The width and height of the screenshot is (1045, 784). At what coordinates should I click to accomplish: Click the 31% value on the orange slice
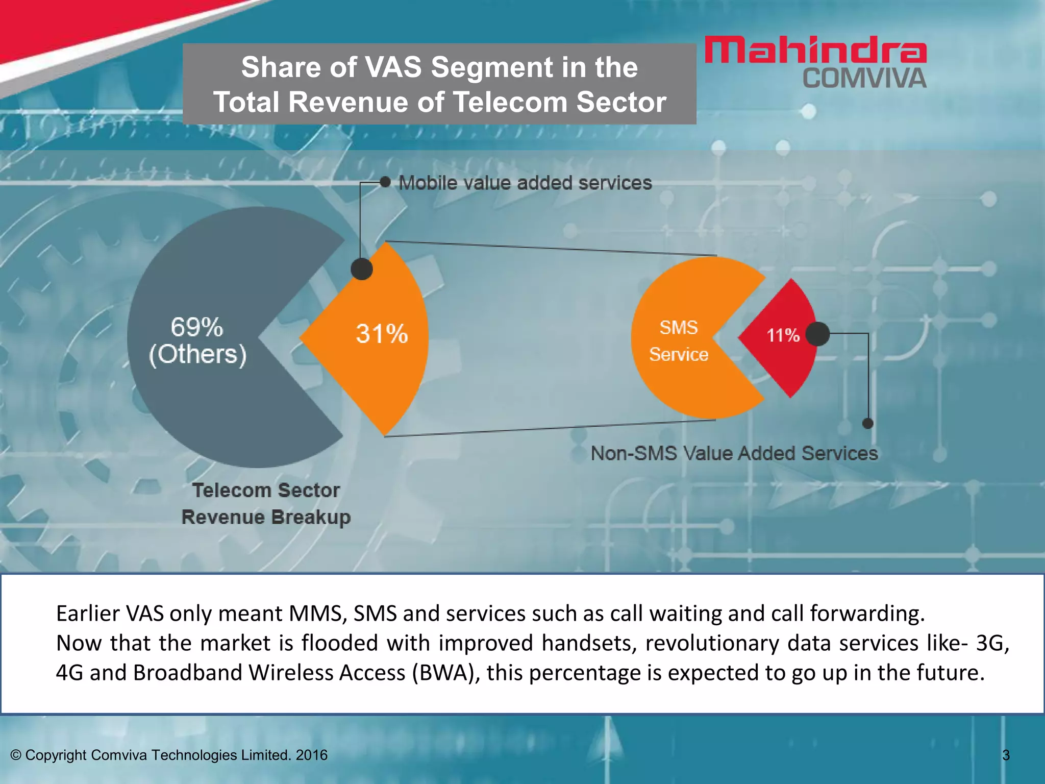[x=382, y=334]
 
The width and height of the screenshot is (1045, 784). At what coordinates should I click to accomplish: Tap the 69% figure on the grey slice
[x=196, y=327]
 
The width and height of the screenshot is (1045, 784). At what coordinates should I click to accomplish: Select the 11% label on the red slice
[x=783, y=335]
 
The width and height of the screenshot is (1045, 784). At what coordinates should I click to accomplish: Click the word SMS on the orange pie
[x=678, y=327]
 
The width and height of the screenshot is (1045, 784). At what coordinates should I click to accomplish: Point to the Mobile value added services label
[x=525, y=183]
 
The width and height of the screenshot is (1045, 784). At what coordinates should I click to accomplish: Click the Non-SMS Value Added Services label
[x=734, y=453]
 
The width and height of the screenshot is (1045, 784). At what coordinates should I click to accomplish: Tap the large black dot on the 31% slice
[x=362, y=269]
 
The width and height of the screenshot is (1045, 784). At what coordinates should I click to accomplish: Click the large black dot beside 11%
[x=818, y=334]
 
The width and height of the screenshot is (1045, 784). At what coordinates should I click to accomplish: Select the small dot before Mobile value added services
[x=385, y=182]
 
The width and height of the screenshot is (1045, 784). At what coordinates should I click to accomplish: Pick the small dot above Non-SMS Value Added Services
[x=867, y=423]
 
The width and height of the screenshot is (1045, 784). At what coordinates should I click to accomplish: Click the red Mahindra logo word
[x=815, y=50]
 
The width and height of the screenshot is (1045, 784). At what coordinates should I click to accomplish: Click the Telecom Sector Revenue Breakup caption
[x=266, y=503]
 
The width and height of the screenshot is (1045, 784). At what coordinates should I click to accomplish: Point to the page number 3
[x=1006, y=755]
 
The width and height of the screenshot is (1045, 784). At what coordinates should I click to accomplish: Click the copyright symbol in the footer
[x=16, y=755]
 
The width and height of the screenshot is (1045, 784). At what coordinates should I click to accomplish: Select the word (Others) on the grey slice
[x=197, y=354]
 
